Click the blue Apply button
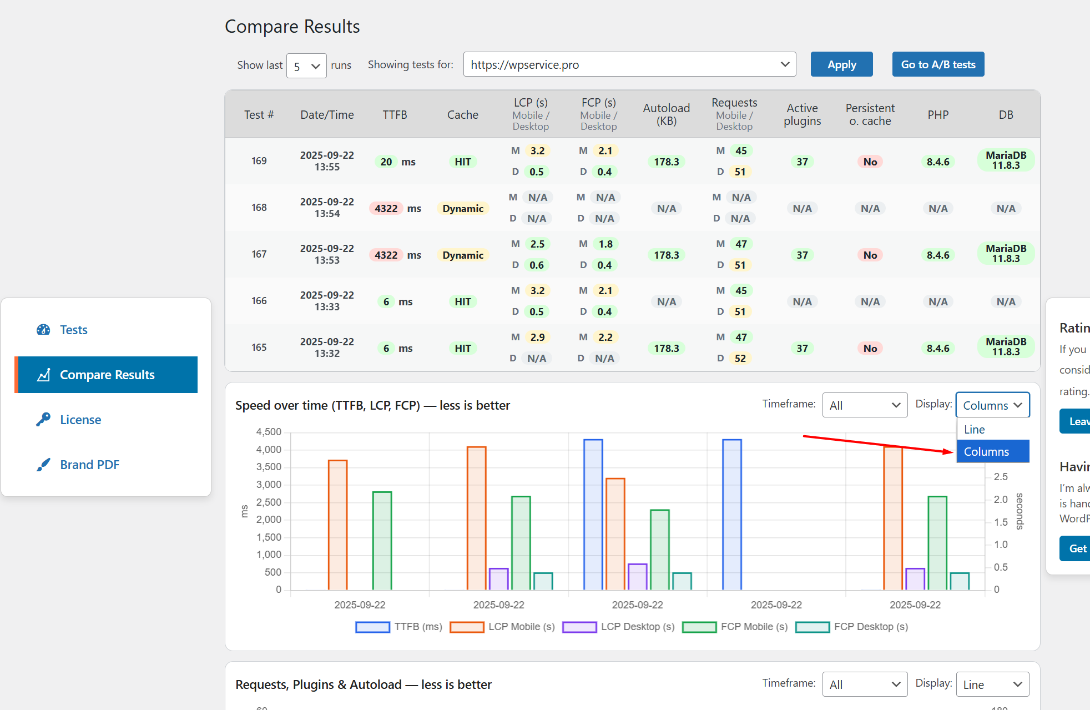tap(841, 64)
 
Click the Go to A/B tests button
tap(938, 64)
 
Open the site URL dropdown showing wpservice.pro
tap(629, 64)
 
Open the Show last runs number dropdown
tap(306, 66)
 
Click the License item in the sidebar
tap(80, 420)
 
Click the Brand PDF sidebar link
tap(89, 465)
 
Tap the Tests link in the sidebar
tap(73, 330)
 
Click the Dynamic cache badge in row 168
tap(463, 208)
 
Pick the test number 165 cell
tap(259, 347)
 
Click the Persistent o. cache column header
tap(870, 114)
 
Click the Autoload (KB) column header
tap(666, 114)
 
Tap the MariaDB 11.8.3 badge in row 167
tap(1006, 254)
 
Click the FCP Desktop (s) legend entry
tap(852, 627)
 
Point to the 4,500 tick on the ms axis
tap(269, 432)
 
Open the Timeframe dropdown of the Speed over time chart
tap(864, 405)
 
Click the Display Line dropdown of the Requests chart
tap(992, 684)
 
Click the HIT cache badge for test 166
tap(463, 301)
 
